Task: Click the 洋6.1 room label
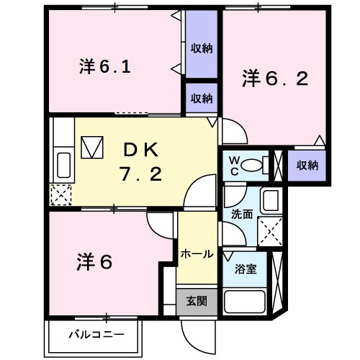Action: tap(104, 68)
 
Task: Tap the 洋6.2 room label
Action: tap(275, 77)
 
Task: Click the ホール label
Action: tap(196, 254)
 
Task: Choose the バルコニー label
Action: tap(96, 334)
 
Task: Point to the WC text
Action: tap(234, 165)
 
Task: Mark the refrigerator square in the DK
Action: tap(93, 148)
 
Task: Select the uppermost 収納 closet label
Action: tap(202, 48)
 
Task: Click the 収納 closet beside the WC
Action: tap(307, 165)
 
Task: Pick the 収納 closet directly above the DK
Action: tap(202, 98)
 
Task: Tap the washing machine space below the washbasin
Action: tap(271, 232)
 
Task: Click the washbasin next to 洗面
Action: tap(271, 201)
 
